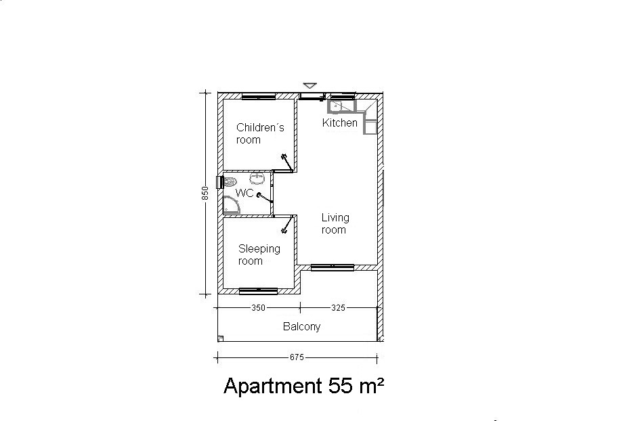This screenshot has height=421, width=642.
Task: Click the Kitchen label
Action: (339, 123)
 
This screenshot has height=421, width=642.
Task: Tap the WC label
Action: (244, 193)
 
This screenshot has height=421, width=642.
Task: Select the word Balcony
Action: (302, 326)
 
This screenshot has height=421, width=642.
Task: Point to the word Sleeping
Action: (259, 249)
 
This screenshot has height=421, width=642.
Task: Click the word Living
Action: (335, 218)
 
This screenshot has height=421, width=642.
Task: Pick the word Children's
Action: (261, 128)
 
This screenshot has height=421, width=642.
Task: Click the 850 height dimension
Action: (205, 193)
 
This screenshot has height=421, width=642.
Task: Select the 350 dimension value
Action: (258, 308)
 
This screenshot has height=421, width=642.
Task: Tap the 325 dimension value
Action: (338, 308)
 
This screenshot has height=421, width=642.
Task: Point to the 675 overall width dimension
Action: (297, 357)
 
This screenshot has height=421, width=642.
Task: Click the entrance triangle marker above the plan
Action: (310, 85)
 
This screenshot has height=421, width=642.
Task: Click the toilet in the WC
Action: (230, 181)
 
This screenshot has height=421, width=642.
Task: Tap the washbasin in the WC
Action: (257, 179)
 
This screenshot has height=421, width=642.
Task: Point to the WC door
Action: (265, 198)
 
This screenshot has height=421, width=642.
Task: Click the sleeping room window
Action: (258, 291)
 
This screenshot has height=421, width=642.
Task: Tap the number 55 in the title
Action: (341, 385)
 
